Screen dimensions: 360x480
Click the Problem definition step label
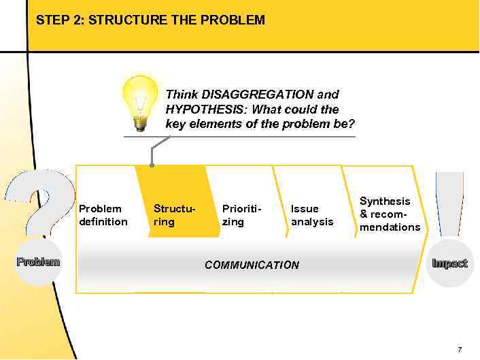[103, 215]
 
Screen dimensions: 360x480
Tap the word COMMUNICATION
[252, 265]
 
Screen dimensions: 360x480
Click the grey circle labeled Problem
[39, 262]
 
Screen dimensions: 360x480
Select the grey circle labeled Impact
[449, 263]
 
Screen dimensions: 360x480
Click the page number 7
[460, 349]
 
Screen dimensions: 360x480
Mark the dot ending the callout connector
[152, 165]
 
